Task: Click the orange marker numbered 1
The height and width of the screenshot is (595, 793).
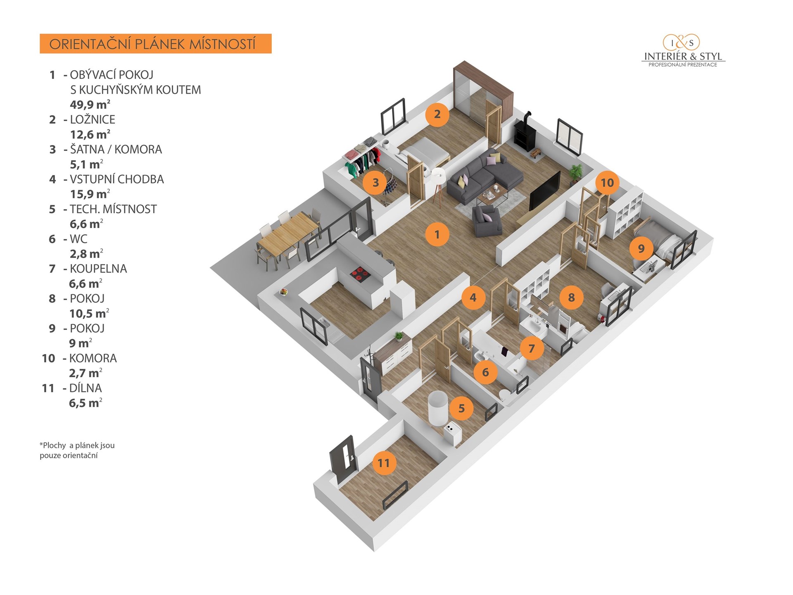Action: [437, 234]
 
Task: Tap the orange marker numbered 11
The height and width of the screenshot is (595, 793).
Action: [384, 463]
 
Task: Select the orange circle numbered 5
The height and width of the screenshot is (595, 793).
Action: [461, 408]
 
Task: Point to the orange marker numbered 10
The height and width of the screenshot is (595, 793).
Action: [607, 183]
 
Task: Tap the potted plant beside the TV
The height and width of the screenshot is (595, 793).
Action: [575, 173]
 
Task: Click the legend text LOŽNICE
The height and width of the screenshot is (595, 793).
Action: [93, 119]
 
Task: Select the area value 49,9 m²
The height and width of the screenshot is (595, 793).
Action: [90, 105]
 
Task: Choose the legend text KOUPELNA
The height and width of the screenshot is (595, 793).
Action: [98, 269]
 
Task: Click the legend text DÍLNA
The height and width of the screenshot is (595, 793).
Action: [85, 388]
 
